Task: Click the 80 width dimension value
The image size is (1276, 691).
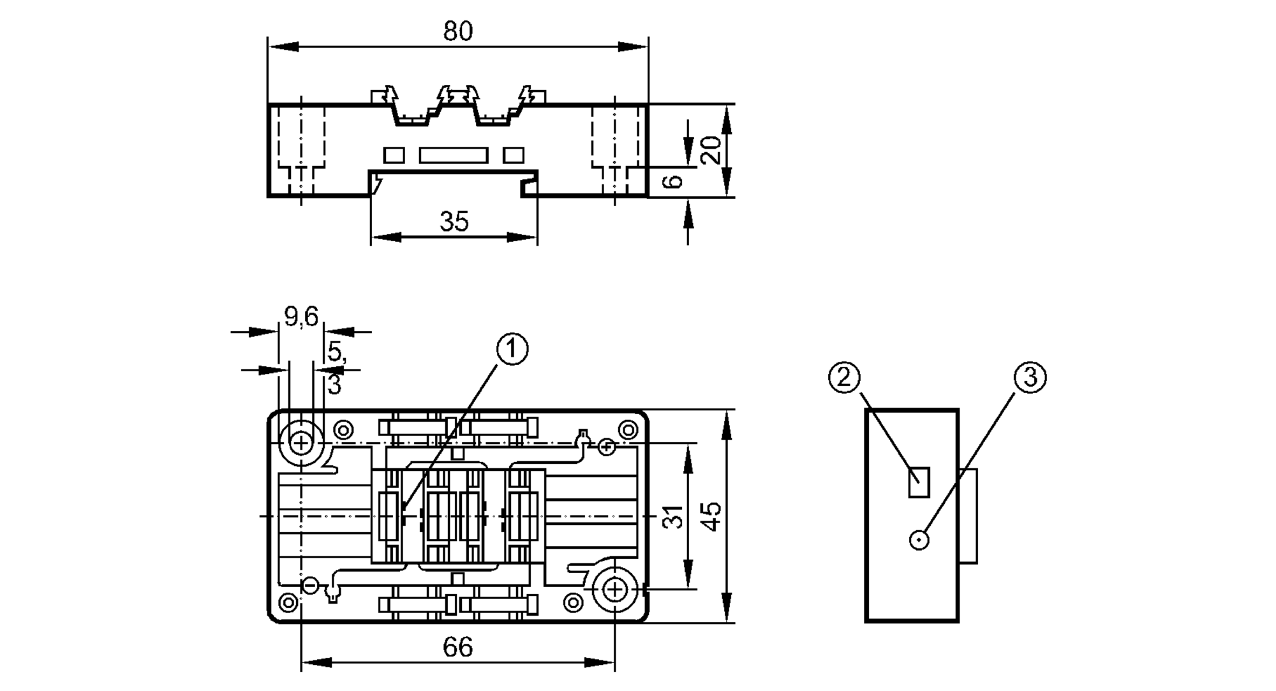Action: click(x=458, y=31)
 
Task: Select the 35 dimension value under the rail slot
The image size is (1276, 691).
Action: click(x=454, y=221)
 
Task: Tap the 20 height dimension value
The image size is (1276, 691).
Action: click(x=711, y=150)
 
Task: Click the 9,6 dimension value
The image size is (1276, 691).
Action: click(x=301, y=316)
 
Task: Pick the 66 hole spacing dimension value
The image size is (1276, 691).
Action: click(x=457, y=648)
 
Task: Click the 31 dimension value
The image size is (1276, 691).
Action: click(x=672, y=516)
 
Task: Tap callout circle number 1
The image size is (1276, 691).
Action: click(x=512, y=349)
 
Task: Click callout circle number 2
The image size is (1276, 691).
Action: click(x=844, y=378)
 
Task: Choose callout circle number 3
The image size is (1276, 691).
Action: click(x=1030, y=378)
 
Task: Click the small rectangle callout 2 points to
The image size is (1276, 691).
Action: click(x=919, y=482)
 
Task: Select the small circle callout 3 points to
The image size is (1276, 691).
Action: click(x=919, y=540)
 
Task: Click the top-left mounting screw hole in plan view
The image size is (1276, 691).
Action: click(x=300, y=442)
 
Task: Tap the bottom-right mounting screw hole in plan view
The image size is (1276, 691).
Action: click(x=614, y=590)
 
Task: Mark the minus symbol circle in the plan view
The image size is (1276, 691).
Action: click(x=310, y=585)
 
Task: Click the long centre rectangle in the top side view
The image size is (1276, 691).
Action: click(x=454, y=155)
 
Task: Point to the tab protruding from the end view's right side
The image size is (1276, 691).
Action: click(x=968, y=516)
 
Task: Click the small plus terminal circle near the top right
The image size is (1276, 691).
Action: click(x=607, y=447)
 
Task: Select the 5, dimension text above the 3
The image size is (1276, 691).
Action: click(x=336, y=352)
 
